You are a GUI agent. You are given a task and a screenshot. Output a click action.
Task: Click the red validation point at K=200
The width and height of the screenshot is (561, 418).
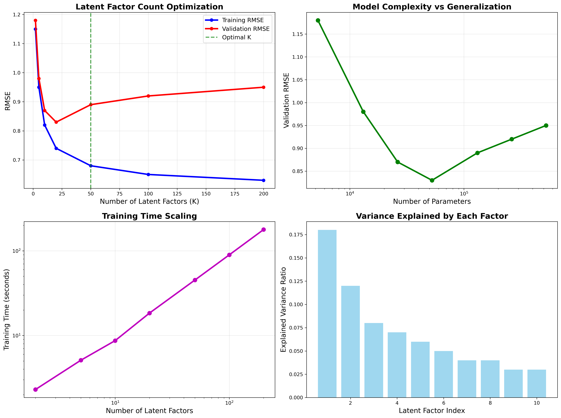pos(263,87)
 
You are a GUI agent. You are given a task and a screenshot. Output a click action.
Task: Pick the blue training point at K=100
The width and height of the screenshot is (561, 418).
pos(148,175)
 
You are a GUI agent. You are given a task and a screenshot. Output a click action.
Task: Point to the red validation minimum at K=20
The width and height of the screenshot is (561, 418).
pos(56,122)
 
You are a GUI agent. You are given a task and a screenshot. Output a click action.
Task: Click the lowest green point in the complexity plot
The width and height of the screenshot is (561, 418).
pos(432,180)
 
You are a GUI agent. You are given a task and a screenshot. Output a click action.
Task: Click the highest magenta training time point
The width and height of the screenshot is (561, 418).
pos(263,230)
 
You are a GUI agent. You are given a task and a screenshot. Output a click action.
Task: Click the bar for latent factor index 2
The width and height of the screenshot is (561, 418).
pos(350,342)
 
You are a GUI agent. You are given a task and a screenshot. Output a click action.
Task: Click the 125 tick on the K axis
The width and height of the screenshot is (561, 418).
pos(177,194)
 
